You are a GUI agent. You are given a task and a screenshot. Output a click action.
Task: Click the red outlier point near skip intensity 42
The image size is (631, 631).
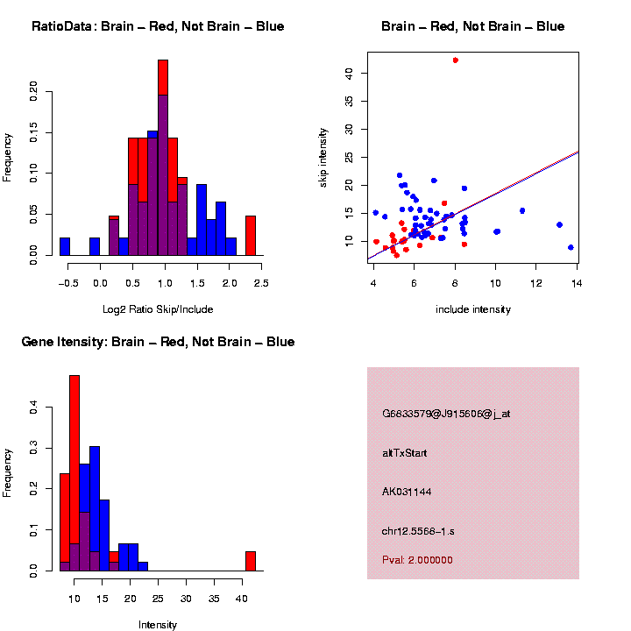456,60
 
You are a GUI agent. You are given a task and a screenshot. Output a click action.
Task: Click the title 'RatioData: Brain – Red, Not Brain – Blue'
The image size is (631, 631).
158,26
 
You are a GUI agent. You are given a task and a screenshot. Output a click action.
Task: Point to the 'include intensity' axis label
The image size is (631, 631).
472,309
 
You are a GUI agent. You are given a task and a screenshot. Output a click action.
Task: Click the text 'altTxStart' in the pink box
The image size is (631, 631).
404,453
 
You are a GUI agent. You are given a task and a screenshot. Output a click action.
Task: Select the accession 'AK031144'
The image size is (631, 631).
407,492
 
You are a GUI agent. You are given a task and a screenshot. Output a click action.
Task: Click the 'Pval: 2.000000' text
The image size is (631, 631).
417,560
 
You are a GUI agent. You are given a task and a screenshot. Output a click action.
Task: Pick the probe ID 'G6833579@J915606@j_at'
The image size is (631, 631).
446,414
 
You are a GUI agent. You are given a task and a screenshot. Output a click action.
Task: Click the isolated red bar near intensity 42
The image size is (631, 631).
250,561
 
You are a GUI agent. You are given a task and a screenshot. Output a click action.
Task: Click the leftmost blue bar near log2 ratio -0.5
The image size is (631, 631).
65,246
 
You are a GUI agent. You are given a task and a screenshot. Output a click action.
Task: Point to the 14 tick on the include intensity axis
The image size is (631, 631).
577,281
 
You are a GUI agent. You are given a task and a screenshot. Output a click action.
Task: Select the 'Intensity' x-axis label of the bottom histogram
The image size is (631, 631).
158,625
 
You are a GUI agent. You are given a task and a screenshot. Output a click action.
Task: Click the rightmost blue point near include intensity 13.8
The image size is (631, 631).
571,247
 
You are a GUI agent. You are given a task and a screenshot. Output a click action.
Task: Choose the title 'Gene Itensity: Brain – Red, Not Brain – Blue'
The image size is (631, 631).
158,342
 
